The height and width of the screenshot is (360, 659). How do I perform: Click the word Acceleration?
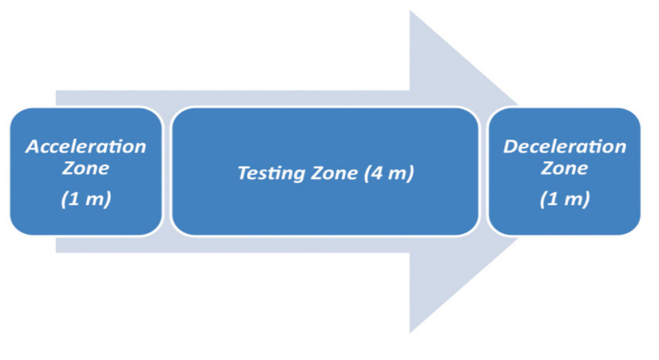[86, 147]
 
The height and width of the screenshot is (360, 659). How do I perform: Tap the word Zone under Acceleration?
[86, 168]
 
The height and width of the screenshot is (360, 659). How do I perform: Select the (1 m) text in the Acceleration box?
[86, 198]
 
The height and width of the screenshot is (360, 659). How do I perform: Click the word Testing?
[270, 173]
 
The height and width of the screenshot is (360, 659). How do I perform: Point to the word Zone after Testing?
[334, 173]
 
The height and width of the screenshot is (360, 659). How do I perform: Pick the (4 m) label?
[389, 173]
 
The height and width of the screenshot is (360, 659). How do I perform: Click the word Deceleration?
[564, 147]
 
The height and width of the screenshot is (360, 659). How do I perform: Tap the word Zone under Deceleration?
[564, 168]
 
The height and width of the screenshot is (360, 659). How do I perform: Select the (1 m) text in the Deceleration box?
[565, 198]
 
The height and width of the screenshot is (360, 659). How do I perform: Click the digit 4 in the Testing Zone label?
[377, 172]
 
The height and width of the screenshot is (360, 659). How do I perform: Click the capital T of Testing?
[245, 172]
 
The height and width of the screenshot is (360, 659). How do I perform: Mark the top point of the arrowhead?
[410, 11]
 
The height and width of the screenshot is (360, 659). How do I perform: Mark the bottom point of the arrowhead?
[410, 333]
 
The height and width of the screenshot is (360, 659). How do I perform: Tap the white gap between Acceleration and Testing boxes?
[167, 171]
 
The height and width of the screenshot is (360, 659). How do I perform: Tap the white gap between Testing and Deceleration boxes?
[484, 171]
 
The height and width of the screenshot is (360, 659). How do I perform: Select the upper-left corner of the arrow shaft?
[57, 91]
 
